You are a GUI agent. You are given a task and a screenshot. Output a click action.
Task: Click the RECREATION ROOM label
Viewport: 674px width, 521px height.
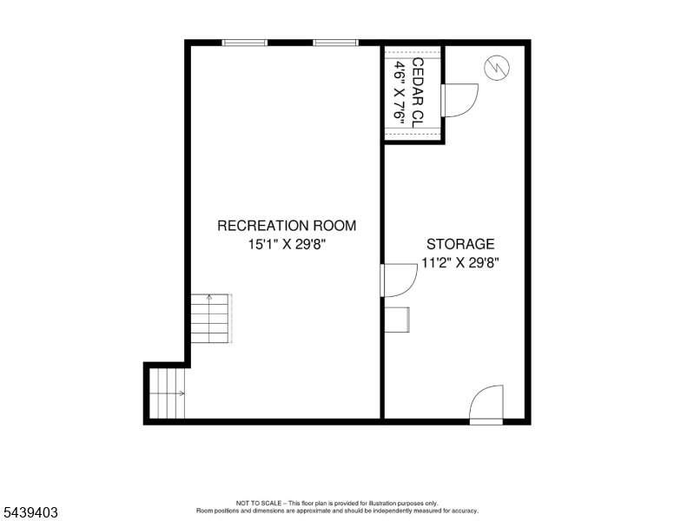[287, 226]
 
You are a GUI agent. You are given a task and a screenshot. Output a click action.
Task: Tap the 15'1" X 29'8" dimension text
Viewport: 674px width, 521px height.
[287, 244]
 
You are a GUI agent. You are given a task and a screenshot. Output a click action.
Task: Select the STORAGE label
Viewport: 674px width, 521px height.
[460, 244]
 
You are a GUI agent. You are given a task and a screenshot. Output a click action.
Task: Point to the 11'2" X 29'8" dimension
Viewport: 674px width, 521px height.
[460, 262]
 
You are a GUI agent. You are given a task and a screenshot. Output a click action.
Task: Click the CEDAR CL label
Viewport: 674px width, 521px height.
[418, 93]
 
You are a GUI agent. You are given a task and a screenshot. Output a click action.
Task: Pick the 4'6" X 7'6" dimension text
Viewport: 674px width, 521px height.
[400, 93]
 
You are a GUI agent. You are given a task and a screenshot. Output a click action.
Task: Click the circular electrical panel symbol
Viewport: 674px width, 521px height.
[497, 68]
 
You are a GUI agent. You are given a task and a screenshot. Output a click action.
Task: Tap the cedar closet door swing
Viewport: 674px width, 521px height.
[459, 100]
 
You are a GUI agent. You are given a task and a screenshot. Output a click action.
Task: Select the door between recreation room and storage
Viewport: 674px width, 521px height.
[399, 280]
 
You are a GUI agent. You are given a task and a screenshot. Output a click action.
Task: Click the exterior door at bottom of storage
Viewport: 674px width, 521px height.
[486, 405]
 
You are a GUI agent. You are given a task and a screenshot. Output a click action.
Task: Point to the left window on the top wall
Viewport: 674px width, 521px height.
[245, 43]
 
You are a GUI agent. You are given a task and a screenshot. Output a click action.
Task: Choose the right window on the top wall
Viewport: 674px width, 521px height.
[335, 43]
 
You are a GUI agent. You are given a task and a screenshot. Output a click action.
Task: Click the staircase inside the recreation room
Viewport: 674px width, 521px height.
[211, 319]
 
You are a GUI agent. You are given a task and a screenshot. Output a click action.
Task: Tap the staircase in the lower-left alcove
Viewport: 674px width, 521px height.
[168, 393]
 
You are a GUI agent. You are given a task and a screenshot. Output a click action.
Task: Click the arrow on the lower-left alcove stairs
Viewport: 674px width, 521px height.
[168, 393]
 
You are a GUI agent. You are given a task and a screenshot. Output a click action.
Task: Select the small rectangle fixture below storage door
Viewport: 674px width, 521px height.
[397, 320]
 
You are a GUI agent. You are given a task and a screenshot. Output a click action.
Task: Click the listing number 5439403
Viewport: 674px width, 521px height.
[30, 512]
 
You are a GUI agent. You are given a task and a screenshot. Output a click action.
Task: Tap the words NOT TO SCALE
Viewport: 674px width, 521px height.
[258, 503]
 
